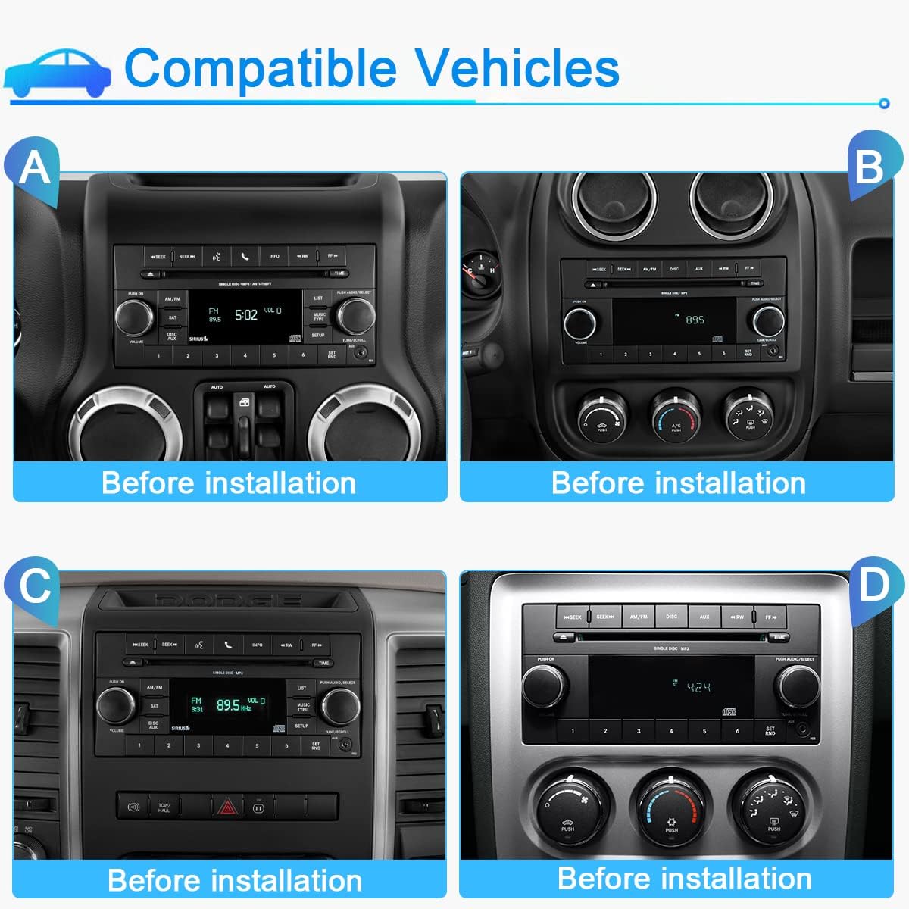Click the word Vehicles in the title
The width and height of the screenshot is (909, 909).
click(518, 68)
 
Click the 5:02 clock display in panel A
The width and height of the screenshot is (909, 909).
click(246, 314)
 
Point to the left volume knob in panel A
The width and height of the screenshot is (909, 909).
click(134, 316)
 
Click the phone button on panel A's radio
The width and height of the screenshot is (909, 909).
click(245, 257)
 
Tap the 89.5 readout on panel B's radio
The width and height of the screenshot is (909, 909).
click(695, 320)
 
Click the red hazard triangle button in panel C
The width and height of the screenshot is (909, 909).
click(226, 807)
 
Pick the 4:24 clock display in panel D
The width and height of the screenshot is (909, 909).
click(698, 687)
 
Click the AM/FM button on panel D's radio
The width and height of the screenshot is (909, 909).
click(639, 617)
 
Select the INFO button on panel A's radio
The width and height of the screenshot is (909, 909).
click(274, 257)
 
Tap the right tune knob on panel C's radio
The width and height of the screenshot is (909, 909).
click(339, 707)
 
